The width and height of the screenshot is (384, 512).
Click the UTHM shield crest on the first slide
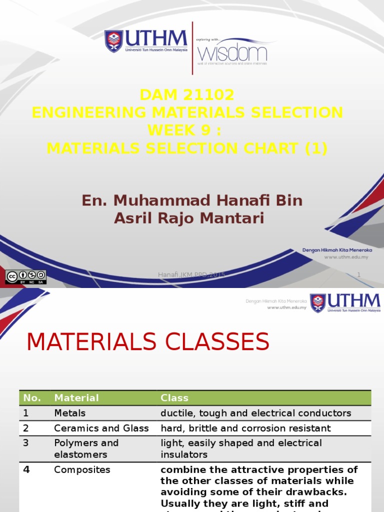pyautogui.click(x=113, y=41)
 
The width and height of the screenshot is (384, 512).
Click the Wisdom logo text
pyautogui.click(x=232, y=52)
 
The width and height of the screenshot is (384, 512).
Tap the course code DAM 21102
pyautogui.click(x=187, y=95)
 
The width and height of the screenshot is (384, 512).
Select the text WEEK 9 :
pyautogui.click(x=184, y=130)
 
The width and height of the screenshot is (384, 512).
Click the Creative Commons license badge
pyautogui.click(x=25, y=277)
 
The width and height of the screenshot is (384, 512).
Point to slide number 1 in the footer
pyautogui.click(x=358, y=274)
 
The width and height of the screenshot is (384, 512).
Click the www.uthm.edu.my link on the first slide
pyautogui.click(x=346, y=257)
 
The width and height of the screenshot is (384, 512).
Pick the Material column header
pyautogui.click(x=76, y=398)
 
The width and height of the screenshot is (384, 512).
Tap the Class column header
pyautogui.click(x=174, y=398)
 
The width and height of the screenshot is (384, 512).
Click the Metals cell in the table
pyautogui.click(x=70, y=413)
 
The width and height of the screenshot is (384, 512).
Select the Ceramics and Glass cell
pyautogui.click(x=101, y=428)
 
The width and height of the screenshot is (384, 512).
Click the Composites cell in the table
pyautogui.click(x=82, y=470)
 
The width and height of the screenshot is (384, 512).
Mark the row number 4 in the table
pyautogui.click(x=26, y=470)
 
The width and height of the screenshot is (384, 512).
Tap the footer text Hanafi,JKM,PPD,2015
pyautogui.click(x=191, y=274)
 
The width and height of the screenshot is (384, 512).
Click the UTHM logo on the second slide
pyautogui.click(x=345, y=303)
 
